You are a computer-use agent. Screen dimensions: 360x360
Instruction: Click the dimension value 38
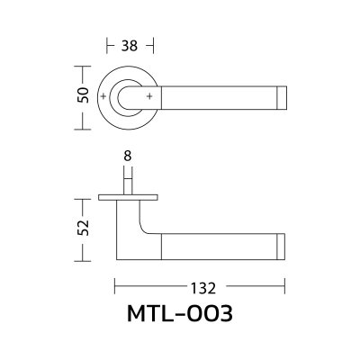pos(130,45)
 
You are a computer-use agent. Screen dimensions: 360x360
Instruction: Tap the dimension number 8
pos(128,156)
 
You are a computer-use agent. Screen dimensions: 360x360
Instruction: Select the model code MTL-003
pos(180,316)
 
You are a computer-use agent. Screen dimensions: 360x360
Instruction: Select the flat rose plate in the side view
pos(128,196)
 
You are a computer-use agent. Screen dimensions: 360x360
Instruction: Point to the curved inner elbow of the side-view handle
pos(147,224)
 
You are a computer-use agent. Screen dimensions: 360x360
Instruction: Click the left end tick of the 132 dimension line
pos(115,288)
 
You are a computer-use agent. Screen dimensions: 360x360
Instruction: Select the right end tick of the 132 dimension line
pos(285,288)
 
